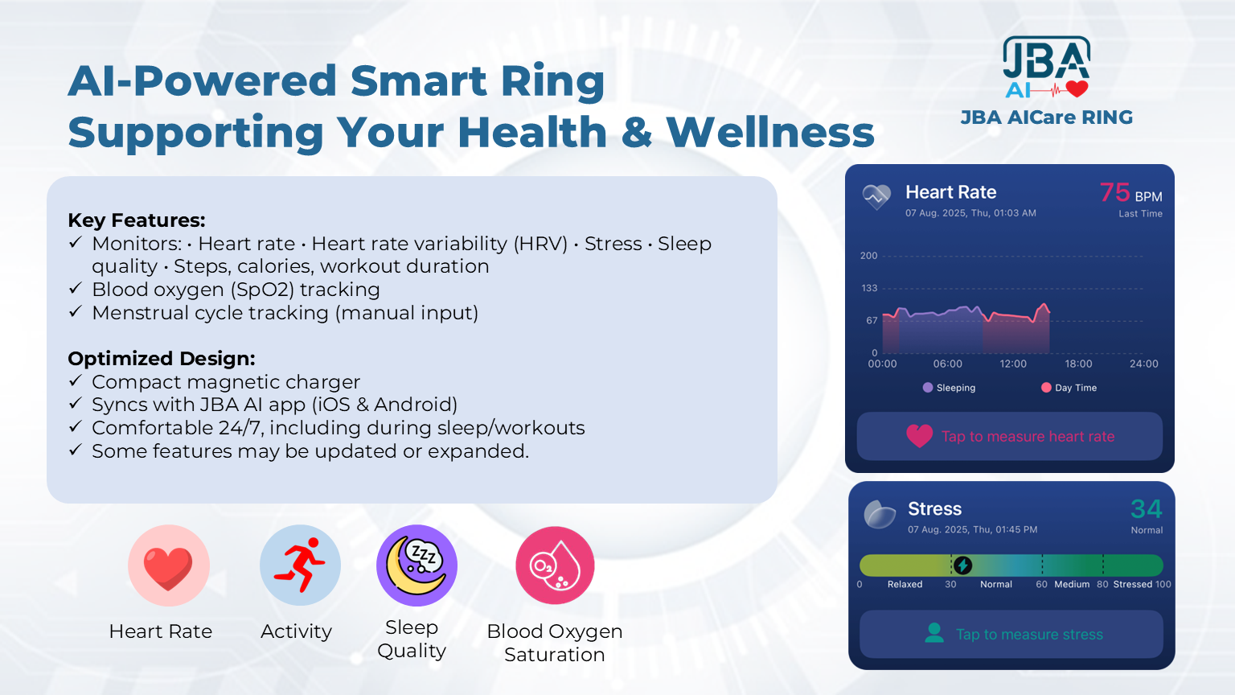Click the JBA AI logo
point(1046,68)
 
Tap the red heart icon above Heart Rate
point(168,566)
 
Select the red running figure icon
point(300,565)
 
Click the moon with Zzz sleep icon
point(416,565)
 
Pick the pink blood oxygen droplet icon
point(555,565)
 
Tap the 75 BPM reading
point(1130,193)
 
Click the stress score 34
point(1147,508)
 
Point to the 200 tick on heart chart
point(869,256)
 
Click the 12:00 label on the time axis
point(1013,364)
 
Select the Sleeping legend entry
point(949,388)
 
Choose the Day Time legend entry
point(1069,388)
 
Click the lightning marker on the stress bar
point(962,565)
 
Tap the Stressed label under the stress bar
point(1132,584)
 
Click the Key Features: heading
point(137,220)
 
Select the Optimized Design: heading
point(162,359)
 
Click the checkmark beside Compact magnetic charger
point(76,380)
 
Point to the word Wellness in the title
point(770,133)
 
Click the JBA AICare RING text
point(1046,117)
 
